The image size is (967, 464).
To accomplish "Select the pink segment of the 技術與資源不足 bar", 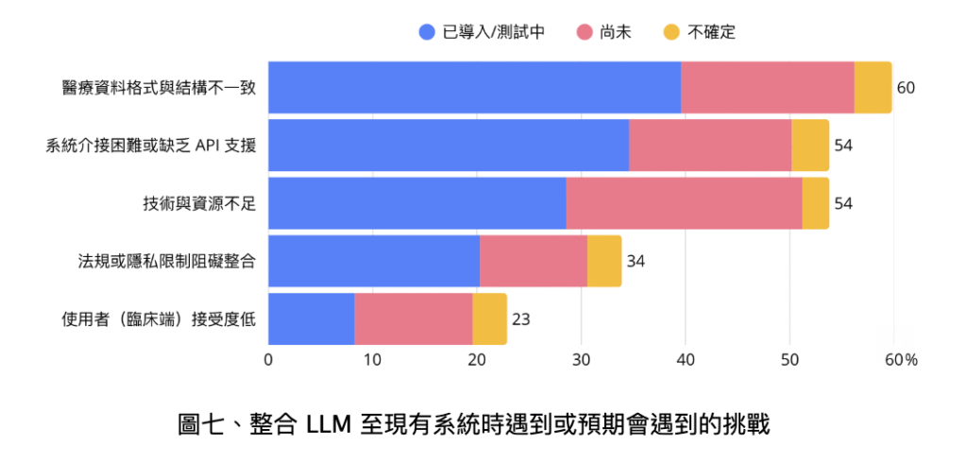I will point(684,203).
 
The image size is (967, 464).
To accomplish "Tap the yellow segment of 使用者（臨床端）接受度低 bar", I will point(489,319).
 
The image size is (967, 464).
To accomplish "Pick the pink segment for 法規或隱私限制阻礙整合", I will point(533,261).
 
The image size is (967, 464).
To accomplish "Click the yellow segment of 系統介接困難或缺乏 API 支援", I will point(809,146).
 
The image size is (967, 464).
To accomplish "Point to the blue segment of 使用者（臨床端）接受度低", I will point(311,319).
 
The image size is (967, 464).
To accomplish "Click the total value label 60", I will point(906,88).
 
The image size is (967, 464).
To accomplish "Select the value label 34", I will point(636,262).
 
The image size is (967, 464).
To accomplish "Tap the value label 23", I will point(520,319).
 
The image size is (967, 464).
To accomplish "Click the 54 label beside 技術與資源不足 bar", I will point(843,204).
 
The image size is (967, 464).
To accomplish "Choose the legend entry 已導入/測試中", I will point(483,32).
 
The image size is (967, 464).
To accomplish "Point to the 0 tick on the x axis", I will point(268,360).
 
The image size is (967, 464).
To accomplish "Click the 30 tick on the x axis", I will point(581,360).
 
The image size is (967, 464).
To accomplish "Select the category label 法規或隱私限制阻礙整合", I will point(166,262).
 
